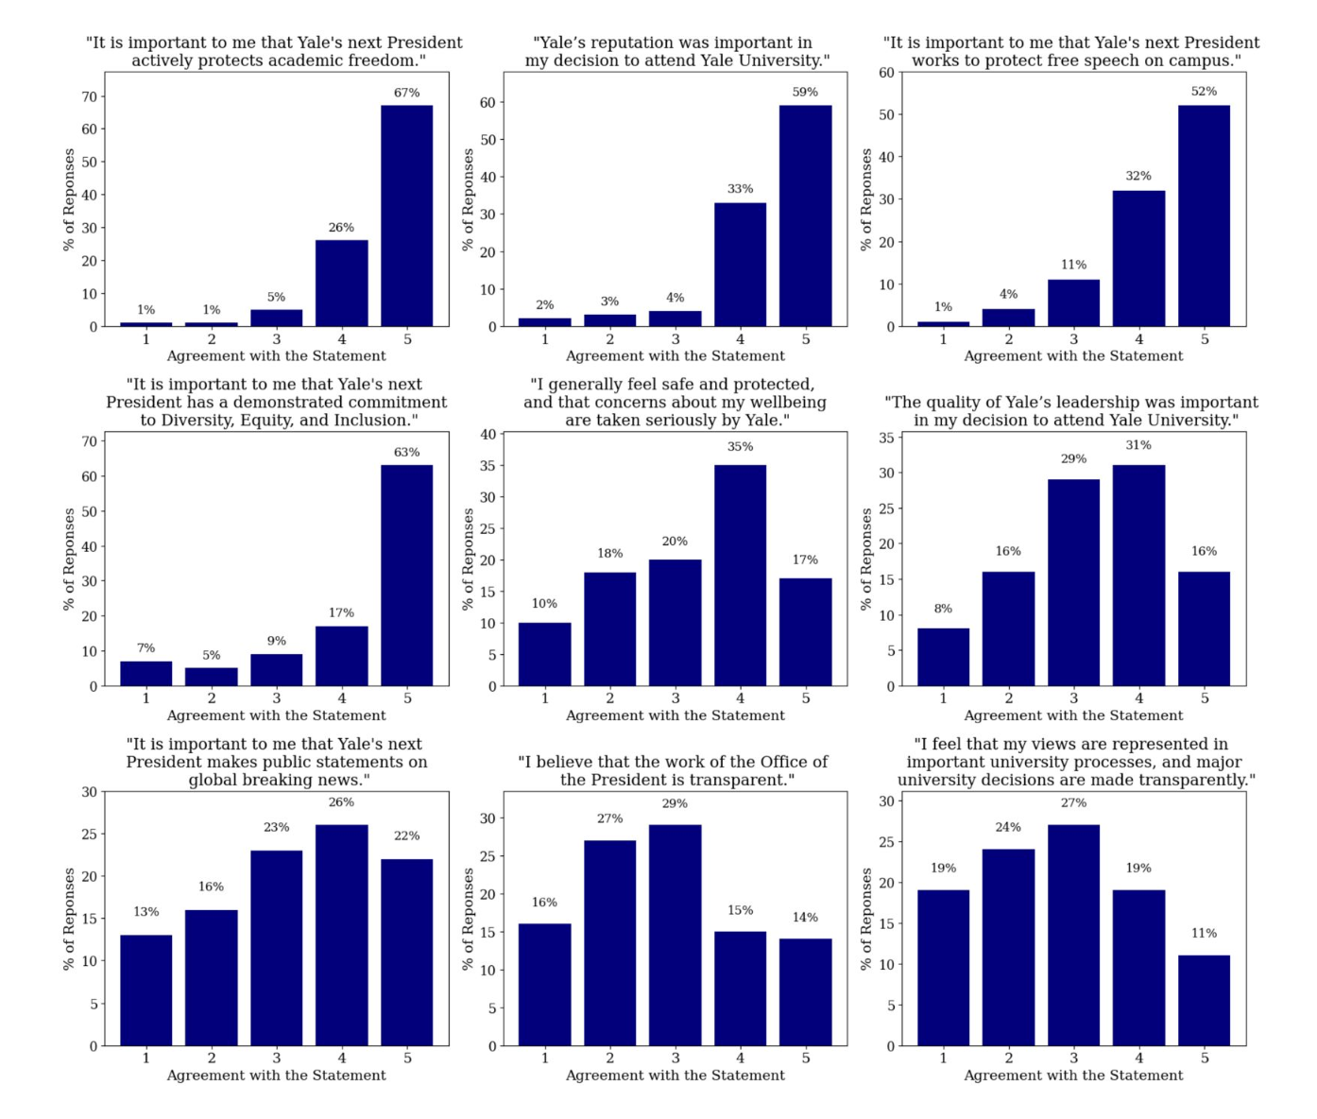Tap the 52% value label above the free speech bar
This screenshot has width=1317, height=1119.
(1204, 92)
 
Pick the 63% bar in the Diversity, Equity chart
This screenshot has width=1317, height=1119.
(406, 576)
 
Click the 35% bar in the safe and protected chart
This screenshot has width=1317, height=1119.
(740, 576)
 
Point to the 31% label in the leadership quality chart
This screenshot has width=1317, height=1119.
(1138, 445)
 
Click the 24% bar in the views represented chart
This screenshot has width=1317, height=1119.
(1008, 947)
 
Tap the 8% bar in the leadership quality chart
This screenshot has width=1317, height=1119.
(943, 657)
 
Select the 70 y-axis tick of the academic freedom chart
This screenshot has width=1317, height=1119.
(90, 96)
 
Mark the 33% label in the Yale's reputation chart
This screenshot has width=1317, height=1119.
(740, 189)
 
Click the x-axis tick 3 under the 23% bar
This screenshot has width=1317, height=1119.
(276, 1059)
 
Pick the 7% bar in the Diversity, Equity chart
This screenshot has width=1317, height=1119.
(145, 674)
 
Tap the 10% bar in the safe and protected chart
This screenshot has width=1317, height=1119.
(544, 654)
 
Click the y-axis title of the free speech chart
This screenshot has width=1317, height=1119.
(865, 199)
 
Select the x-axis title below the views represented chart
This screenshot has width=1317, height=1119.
(1073, 1076)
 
